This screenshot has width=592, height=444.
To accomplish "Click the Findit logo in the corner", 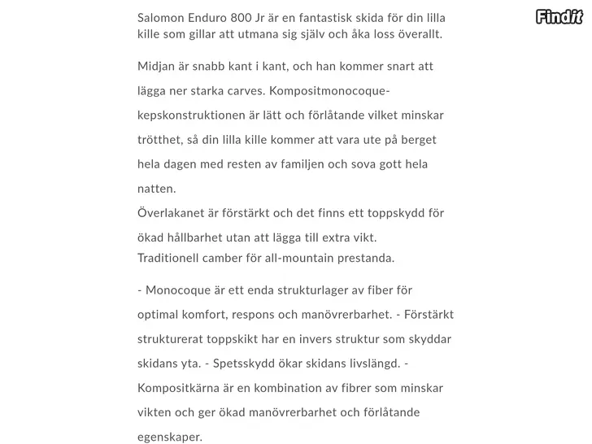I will (559, 15).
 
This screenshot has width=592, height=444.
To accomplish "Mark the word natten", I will (156, 188).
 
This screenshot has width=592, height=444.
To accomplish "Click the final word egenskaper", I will (169, 437).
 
